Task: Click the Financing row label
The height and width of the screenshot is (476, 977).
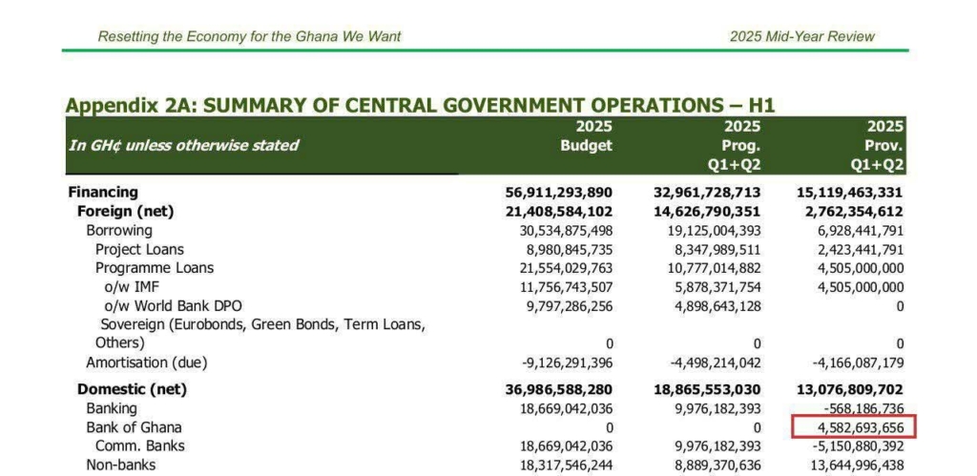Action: [x=102, y=193]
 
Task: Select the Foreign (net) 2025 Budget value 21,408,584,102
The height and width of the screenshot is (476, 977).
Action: [x=559, y=212]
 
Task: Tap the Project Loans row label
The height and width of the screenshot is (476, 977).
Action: [x=139, y=250]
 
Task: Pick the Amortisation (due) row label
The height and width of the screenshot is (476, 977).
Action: [x=146, y=362]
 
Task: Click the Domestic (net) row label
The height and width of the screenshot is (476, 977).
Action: [x=132, y=389]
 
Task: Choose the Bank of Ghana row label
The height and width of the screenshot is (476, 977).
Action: [x=134, y=426]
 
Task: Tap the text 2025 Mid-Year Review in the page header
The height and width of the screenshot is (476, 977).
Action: [x=801, y=36]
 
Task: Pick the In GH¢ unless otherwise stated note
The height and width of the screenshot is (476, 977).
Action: [x=183, y=146]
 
